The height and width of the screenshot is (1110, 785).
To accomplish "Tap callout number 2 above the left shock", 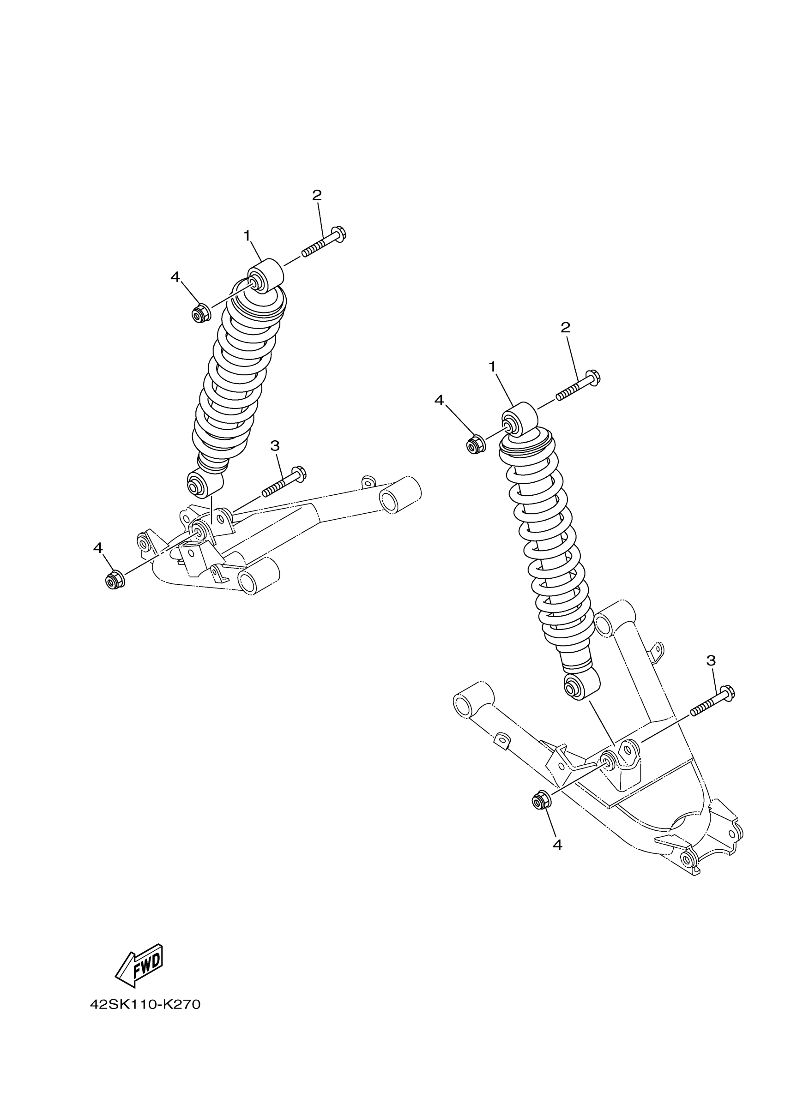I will pyautogui.click(x=317, y=195).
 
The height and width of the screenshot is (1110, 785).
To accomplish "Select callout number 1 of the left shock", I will pyautogui.click(x=247, y=236).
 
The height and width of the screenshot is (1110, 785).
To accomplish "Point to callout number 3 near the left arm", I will pyautogui.click(x=275, y=446).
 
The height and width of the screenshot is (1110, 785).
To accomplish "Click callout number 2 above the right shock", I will pyautogui.click(x=565, y=328).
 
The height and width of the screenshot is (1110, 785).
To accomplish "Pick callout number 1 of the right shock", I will pyautogui.click(x=492, y=367).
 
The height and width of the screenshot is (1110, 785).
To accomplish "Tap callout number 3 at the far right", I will pyautogui.click(x=711, y=660).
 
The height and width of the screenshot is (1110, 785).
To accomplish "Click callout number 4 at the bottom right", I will pyautogui.click(x=557, y=845).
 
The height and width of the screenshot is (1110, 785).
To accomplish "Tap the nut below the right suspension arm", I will pyautogui.click(x=540, y=801).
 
